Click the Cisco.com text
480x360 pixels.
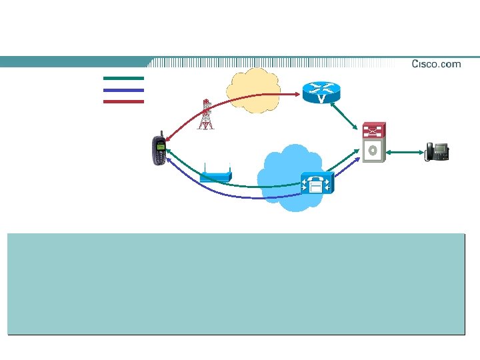pyautogui.click(x=436, y=64)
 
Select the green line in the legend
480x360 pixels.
pyautogui.click(x=123, y=78)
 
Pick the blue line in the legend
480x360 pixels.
pyautogui.click(x=123, y=90)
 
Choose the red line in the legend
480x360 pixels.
pyautogui.click(x=123, y=101)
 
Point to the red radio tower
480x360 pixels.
pyautogui.click(x=206, y=115)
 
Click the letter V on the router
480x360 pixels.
pyautogui.click(x=321, y=99)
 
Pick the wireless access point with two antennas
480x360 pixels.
pyautogui.click(x=216, y=176)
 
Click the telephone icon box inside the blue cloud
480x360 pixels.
pyautogui.click(x=316, y=183)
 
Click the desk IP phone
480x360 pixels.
pyautogui.click(x=437, y=151)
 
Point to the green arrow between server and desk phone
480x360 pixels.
pyautogui.click(x=403, y=153)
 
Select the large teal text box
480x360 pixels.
pyautogui.click(x=235, y=283)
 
